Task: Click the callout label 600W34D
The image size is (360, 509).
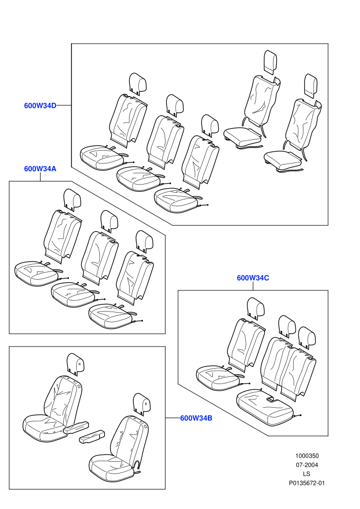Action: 40,105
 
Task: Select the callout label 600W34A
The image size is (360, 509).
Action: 40,169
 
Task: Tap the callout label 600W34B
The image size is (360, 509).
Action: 196,418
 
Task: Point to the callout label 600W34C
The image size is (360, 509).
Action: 253,278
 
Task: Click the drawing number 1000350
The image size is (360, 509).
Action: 307,456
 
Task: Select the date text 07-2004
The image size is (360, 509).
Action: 307,465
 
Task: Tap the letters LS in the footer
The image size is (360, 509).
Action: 307,474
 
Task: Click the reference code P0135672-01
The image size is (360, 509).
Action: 307,483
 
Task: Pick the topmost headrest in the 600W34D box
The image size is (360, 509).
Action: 270,62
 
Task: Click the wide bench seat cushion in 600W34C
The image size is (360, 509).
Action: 264,407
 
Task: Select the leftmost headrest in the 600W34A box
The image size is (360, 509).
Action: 73,199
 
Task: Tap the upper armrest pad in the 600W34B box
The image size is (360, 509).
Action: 76,428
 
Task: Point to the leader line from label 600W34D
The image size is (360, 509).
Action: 64,105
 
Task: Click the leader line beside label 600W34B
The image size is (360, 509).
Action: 173,418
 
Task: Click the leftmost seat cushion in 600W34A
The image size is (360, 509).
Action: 37,274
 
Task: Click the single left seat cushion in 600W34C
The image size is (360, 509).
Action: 219,377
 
